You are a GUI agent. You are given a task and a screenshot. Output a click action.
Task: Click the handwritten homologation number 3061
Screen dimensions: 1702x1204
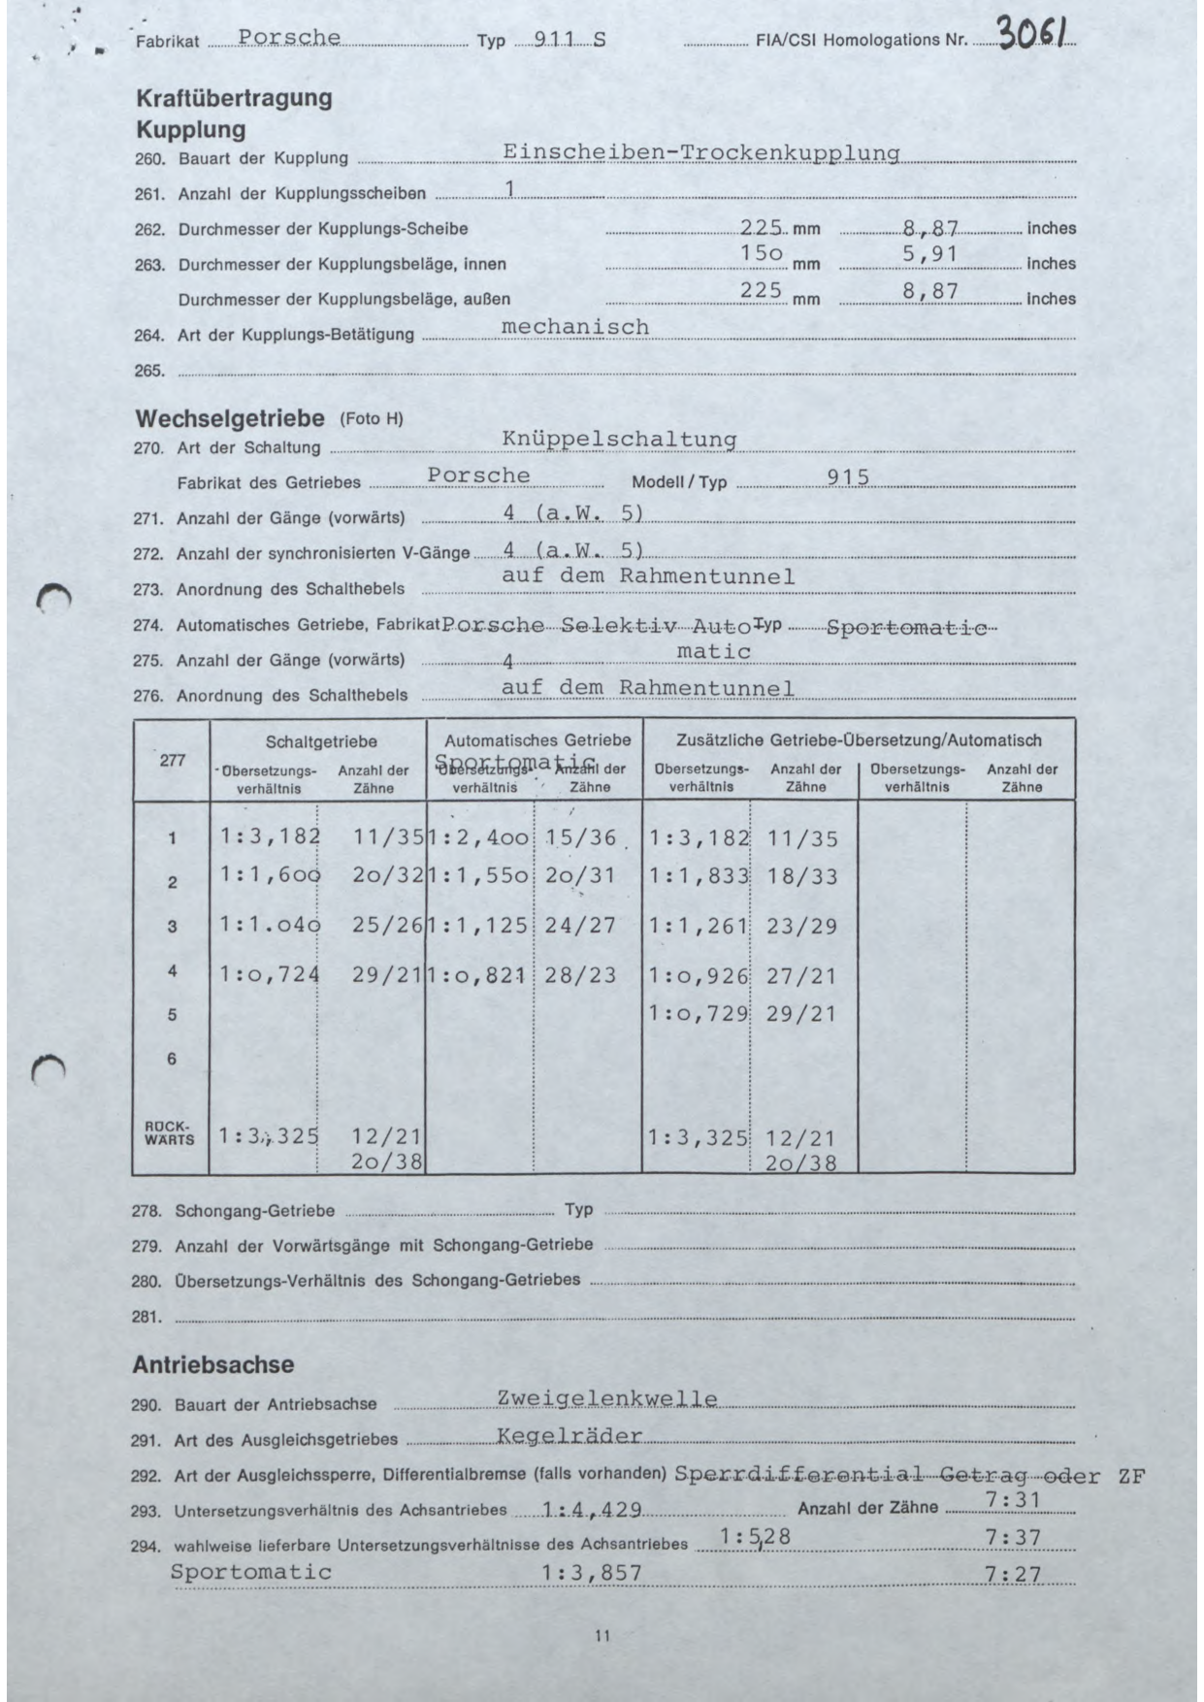[x=1034, y=36]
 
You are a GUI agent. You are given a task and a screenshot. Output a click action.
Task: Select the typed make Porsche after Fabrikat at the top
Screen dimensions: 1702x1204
[x=289, y=38]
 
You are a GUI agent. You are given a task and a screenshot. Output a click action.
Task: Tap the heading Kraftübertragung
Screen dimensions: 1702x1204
[x=234, y=98]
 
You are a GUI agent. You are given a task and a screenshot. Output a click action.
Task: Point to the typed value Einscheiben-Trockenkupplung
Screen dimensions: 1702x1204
[x=700, y=152]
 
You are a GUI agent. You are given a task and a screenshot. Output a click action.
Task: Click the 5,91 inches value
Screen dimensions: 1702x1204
[x=929, y=254]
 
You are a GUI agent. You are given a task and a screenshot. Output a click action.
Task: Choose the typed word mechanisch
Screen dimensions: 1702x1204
[x=574, y=327]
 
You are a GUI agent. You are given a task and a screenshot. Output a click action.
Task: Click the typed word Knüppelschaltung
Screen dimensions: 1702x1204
[x=619, y=439]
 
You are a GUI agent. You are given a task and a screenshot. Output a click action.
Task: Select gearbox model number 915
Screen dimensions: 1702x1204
[x=847, y=476]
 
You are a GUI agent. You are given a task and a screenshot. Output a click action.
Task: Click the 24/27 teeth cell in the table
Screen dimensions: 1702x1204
[x=579, y=925]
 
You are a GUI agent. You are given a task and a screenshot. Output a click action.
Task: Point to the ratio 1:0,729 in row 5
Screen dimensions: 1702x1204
[x=699, y=1013]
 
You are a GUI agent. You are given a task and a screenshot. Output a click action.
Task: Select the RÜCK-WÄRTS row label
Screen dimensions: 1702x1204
[x=170, y=1133]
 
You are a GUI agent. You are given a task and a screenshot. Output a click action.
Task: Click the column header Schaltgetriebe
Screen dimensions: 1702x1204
[x=321, y=740]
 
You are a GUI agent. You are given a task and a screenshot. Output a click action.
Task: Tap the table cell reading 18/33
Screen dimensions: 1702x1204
[x=801, y=875]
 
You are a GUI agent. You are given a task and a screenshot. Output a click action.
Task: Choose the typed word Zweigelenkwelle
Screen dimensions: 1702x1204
[x=607, y=1398]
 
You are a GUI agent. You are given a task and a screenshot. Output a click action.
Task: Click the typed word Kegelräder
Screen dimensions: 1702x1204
[x=569, y=1435]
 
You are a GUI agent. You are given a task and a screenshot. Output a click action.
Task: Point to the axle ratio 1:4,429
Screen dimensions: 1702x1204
[x=590, y=1509]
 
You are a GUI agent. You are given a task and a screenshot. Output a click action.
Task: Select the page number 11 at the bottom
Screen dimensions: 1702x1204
[x=602, y=1636]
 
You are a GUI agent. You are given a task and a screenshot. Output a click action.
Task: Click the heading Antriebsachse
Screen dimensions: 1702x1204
[x=212, y=1364]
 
